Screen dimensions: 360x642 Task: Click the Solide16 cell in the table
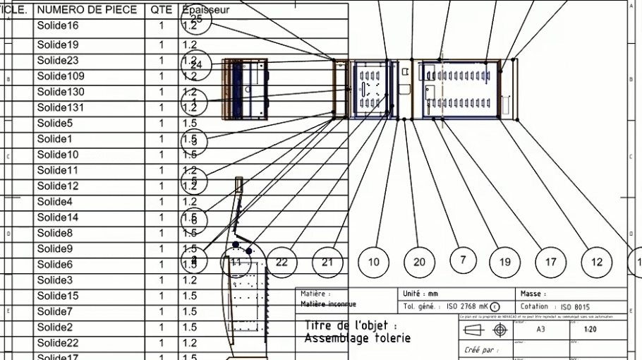click(x=58, y=26)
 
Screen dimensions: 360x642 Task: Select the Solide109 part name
click(x=61, y=76)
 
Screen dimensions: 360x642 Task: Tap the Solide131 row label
click(x=61, y=107)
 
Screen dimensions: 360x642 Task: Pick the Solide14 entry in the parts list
click(x=58, y=217)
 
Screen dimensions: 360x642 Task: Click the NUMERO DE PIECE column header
click(x=87, y=11)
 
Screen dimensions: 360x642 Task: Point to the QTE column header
click(x=161, y=11)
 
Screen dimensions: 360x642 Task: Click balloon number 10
click(x=374, y=262)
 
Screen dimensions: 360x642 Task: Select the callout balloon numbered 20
click(x=419, y=262)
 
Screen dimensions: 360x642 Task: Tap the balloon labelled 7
click(x=463, y=260)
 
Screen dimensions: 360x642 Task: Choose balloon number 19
click(x=504, y=262)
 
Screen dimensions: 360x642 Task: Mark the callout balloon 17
click(x=550, y=262)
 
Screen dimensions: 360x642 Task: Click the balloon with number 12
click(x=597, y=262)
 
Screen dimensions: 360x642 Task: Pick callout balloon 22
click(x=281, y=262)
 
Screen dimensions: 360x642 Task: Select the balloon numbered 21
click(x=327, y=262)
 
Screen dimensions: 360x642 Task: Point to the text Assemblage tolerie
click(x=357, y=338)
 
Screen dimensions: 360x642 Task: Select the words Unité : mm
click(x=420, y=293)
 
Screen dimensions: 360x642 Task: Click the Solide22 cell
click(x=58, y=343)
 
